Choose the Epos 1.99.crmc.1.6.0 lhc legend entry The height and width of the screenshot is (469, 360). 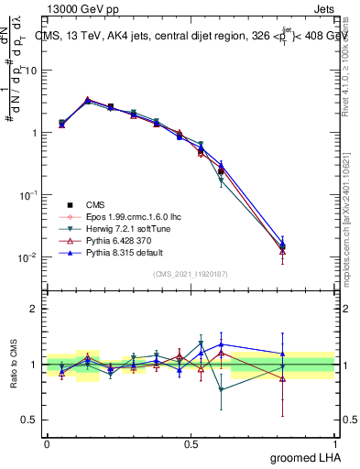pos(128,215)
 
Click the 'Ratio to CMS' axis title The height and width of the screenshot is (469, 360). pos(15,365)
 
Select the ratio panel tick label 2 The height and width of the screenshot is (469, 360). pos(34,309)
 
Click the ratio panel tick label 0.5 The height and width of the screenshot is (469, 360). pos(30,420)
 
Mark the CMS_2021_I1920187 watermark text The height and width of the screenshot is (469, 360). pos(191,274)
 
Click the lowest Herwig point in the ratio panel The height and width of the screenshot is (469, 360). pos(221,389)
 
